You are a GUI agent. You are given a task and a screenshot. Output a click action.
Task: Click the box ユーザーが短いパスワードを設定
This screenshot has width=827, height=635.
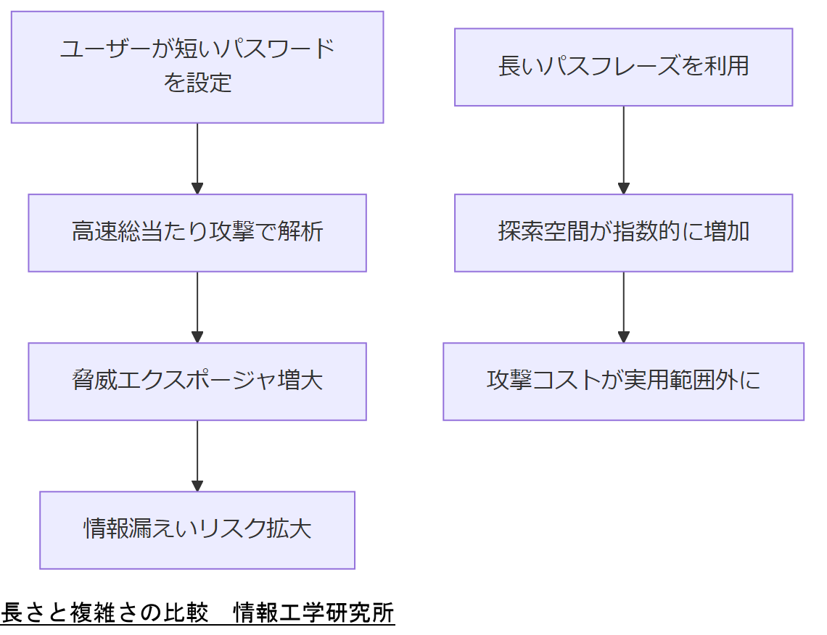[197, 67]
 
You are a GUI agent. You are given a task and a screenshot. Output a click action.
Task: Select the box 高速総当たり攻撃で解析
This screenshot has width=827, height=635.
[197, 233]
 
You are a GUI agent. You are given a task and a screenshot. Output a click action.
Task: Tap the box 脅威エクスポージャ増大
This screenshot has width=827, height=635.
[197, 381]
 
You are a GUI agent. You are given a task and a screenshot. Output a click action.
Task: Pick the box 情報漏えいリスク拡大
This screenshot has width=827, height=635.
[197, 530]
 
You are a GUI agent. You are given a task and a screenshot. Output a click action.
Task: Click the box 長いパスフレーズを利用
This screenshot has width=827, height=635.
[623, 67]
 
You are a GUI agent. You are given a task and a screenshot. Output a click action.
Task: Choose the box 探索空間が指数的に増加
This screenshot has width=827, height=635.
[623, 233]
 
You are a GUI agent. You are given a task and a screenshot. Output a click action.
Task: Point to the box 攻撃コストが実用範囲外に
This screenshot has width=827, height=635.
[623, 381]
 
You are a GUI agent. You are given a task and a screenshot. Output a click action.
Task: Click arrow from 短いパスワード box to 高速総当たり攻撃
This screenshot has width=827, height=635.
[197, 158]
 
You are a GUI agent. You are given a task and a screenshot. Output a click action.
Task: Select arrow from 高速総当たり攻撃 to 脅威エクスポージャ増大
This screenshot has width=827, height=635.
[197, 307]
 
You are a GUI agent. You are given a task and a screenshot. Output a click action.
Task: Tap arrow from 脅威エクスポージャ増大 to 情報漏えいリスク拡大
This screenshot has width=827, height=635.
[197, 455]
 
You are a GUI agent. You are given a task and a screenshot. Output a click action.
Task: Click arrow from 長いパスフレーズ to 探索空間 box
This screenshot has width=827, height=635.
[623, 149]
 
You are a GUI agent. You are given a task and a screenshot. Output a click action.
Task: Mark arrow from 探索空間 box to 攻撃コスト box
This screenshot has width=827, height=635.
[623, 307]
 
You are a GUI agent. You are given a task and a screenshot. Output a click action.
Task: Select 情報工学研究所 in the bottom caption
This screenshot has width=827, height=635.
[313, 613]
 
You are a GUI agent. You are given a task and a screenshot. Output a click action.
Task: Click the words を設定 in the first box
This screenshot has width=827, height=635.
[197, 83]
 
